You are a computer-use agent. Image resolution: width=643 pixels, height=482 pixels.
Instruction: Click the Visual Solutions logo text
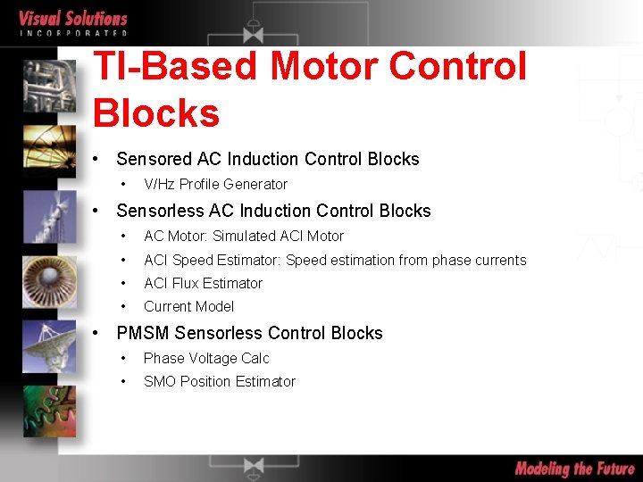coord(73,18)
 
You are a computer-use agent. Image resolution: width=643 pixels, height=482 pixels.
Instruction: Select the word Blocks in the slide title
coord(156,113)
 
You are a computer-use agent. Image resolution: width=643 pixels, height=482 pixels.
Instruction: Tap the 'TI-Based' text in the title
coord(176,66)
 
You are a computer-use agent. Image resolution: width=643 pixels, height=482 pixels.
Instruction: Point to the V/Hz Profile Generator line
coord(215,184)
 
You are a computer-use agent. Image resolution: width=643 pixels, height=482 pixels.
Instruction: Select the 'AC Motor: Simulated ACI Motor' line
coord(243,236)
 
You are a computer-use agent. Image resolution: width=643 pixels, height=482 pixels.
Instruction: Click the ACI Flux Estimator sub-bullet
coord(203,283)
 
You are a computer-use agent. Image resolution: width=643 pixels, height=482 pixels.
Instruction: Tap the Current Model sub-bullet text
coord(188,306)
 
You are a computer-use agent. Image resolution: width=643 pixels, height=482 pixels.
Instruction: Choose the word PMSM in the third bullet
coord(143,333)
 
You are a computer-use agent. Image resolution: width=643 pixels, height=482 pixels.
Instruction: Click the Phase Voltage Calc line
coord(206,358)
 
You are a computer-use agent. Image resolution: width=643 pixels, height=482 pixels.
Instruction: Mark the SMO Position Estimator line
coord(219,381)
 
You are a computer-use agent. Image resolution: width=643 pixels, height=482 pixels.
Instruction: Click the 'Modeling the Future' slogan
coord(574,469)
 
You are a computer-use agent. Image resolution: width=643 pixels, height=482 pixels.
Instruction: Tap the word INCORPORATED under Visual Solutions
coord(73,33)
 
